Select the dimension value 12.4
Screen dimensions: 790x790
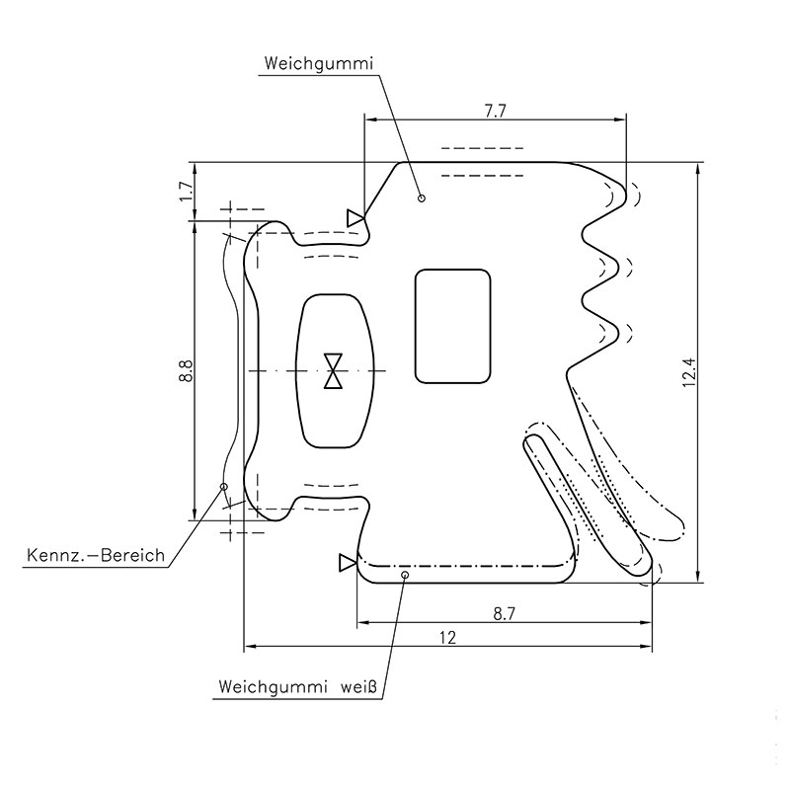click(688, 371)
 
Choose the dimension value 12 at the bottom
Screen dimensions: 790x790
click(447, 638)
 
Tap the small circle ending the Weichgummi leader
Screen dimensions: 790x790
click(422, 197)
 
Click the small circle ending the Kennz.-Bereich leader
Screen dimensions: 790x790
click(224, 487)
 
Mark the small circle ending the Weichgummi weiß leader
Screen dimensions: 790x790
click(405, 573)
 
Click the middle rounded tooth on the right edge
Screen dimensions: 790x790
click(619, 267)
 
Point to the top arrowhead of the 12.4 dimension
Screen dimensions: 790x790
click(698, 169)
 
